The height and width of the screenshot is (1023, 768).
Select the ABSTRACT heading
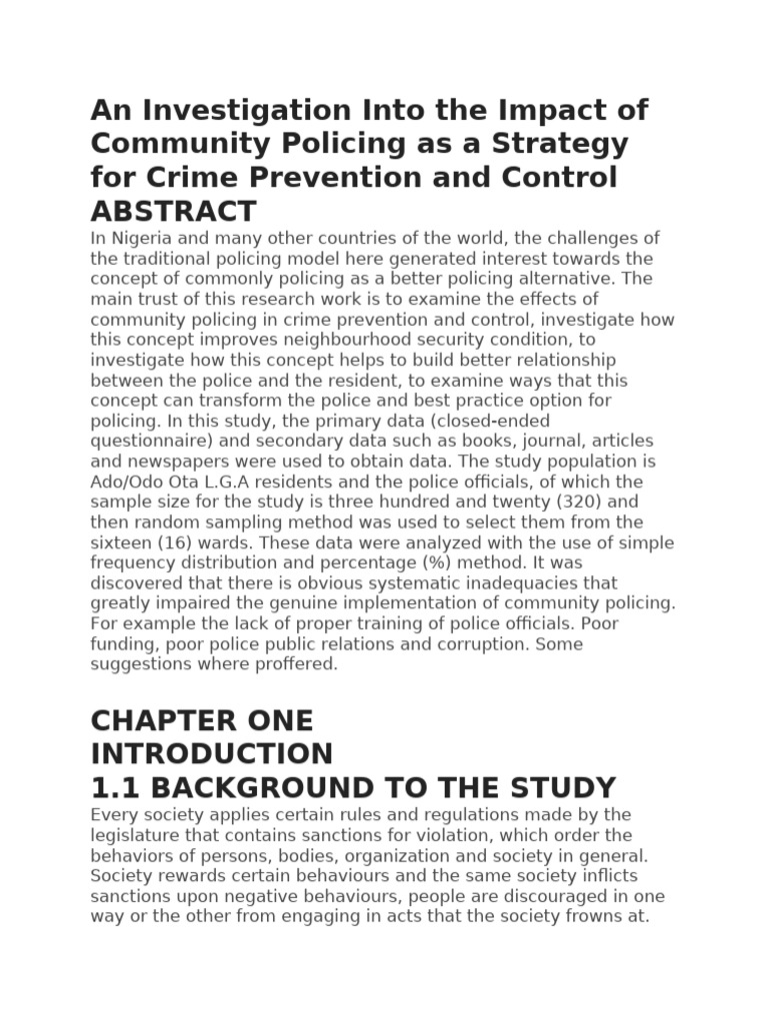[x=173, y=212]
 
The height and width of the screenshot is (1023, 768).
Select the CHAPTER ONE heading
[x=202, y=720]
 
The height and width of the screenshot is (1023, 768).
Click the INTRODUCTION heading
[x=211, y=753]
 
